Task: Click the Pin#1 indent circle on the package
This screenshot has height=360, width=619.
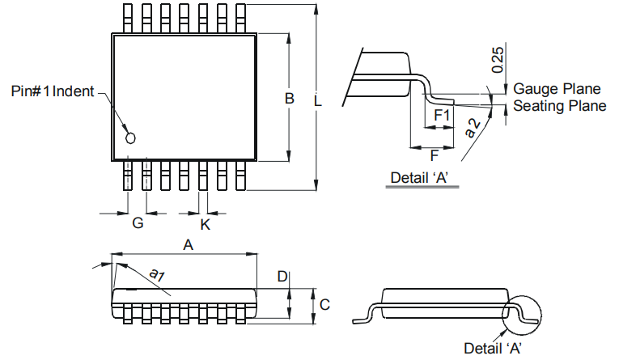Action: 130,138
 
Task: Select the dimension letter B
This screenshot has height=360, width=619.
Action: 289,99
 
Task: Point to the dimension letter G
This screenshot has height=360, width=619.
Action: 138,223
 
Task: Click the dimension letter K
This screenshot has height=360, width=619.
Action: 205,224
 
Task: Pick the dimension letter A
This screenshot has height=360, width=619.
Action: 188,244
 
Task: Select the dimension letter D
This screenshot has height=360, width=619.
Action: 282,277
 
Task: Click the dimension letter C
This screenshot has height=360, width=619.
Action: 324,304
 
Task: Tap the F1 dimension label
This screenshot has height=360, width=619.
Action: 442,116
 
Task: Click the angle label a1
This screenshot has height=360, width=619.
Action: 157,275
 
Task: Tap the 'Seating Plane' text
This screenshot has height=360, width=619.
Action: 560,106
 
